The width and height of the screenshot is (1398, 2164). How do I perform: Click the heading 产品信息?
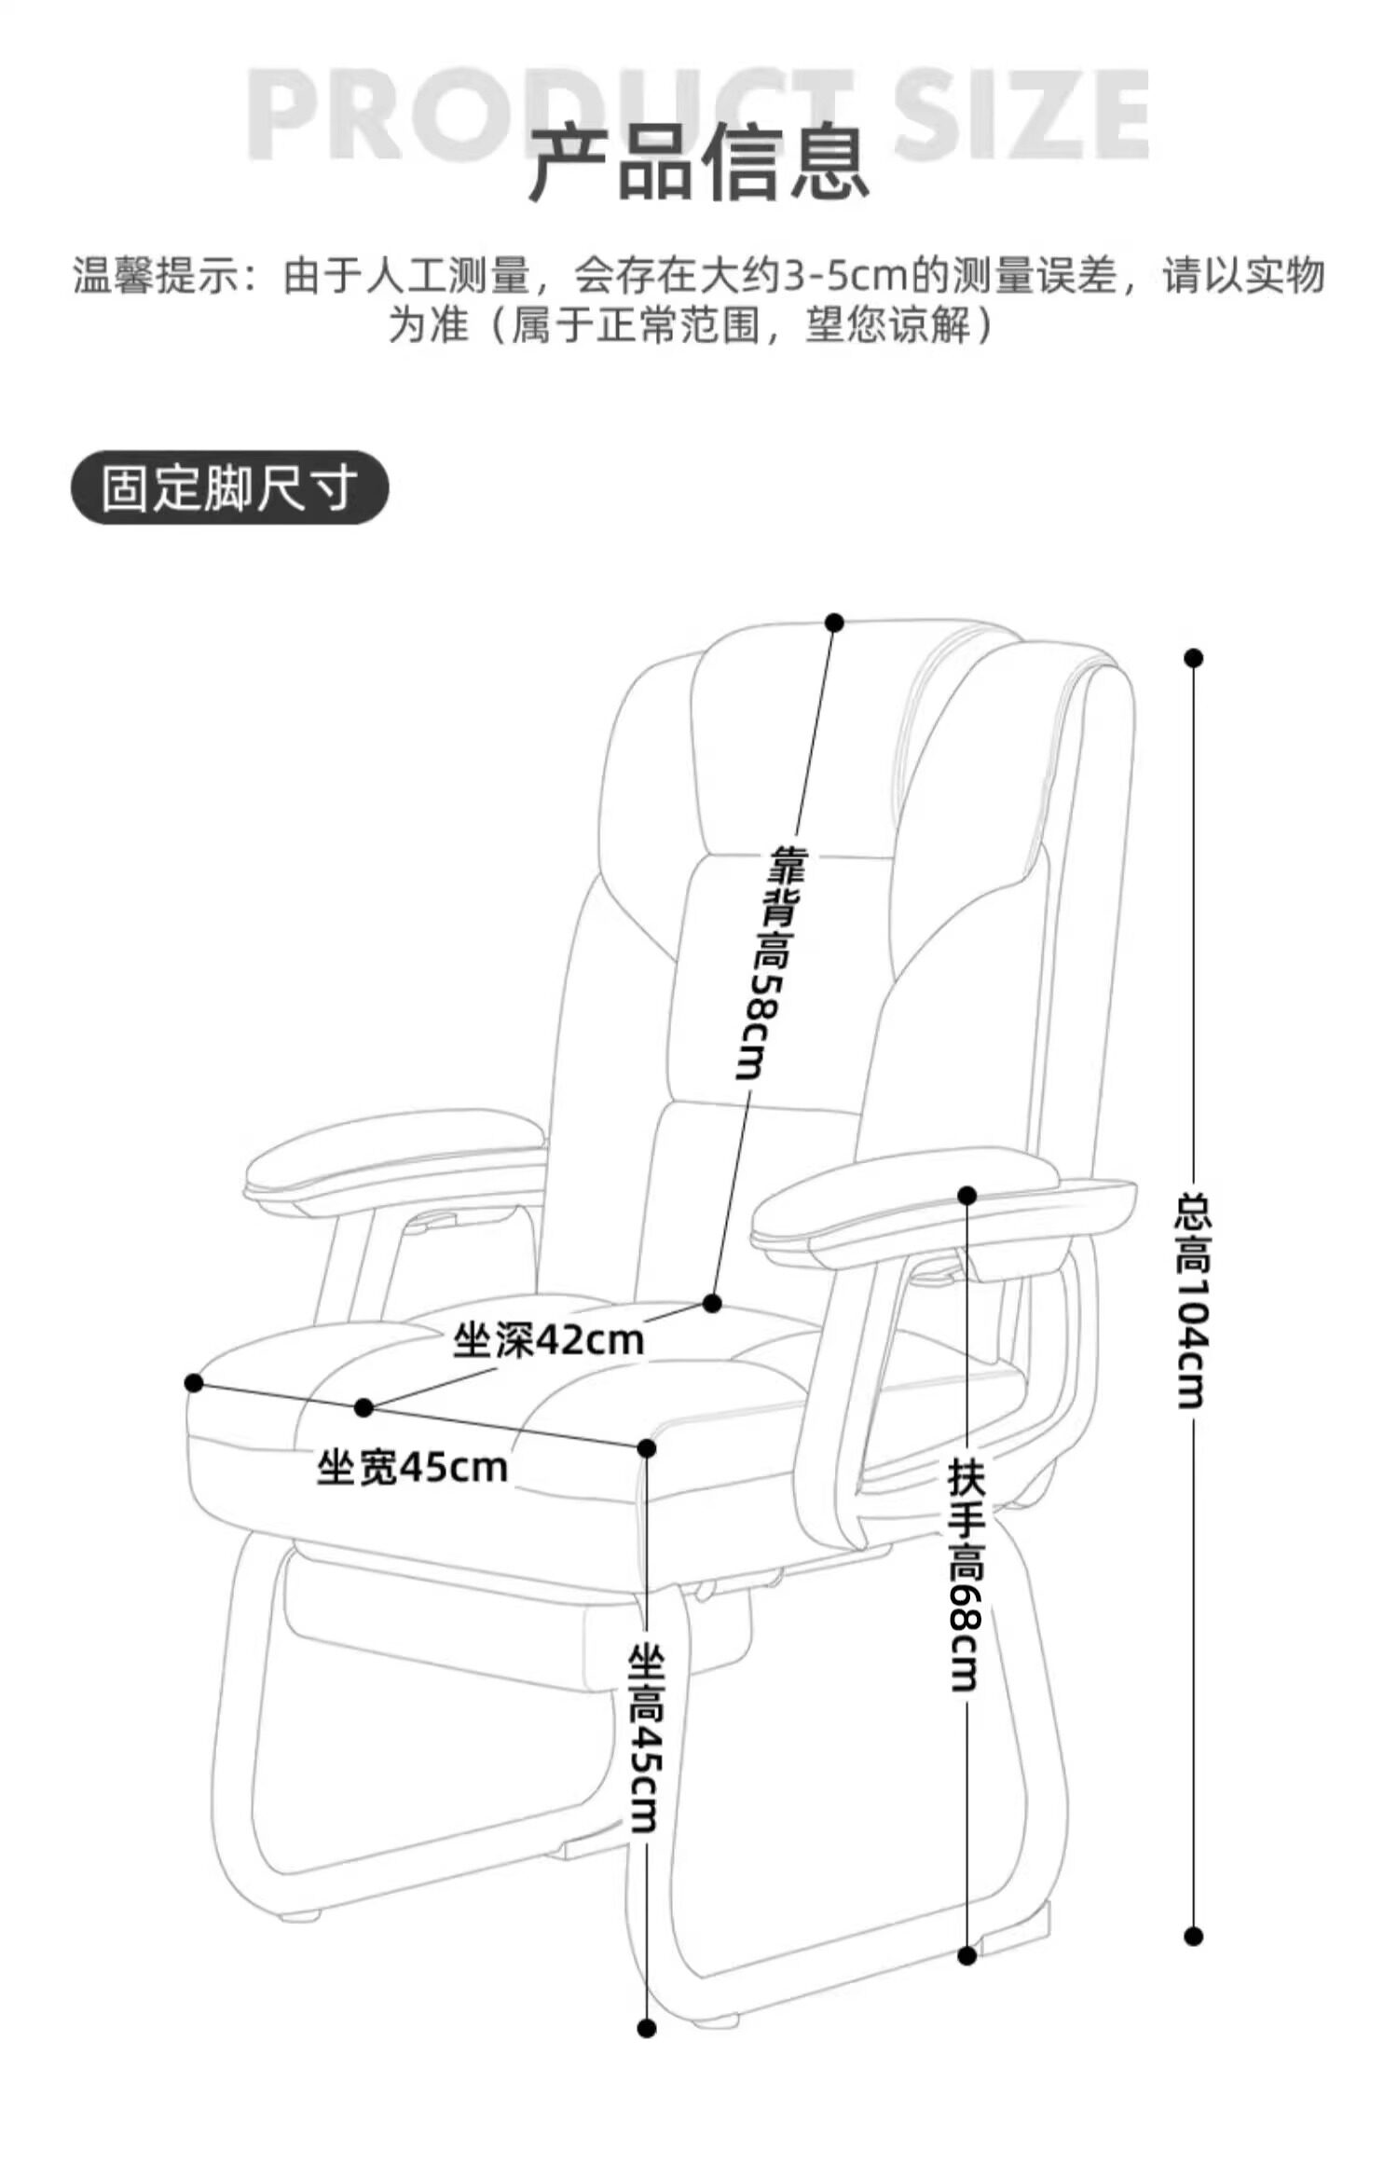(699, 164)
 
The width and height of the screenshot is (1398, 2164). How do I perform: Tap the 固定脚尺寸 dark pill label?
(229, 487)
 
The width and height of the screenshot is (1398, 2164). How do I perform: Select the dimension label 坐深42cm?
(549, 1341)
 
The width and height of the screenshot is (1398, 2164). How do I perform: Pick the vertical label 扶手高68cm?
(966, 1574)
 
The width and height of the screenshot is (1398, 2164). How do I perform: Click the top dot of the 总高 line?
(1193, 658)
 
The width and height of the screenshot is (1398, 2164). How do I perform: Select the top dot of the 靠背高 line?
(834, 622)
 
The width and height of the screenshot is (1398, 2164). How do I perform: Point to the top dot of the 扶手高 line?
(966, 1195)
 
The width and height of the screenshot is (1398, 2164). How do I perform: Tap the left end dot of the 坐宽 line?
(194, 1383)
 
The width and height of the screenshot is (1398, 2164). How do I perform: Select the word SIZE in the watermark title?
(1021, 115)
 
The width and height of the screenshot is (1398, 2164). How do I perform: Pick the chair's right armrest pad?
(943, 1208)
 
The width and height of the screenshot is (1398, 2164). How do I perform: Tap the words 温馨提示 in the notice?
(155, 276)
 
